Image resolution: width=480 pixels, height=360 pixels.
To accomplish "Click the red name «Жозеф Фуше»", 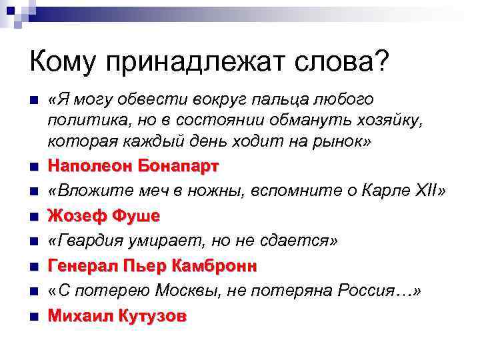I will (104, 216).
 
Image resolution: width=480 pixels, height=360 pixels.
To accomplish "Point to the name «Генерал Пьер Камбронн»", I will (152, 267).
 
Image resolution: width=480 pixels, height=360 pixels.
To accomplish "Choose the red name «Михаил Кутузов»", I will (117, 317).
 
